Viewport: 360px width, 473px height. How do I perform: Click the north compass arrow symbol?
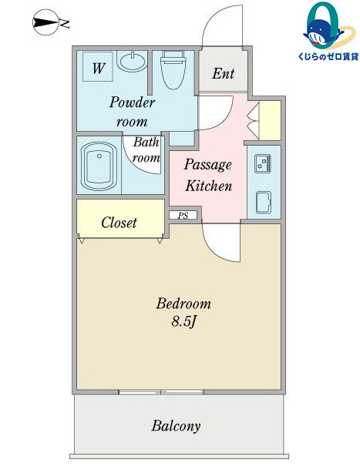45,22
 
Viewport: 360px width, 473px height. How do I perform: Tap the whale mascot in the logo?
321,32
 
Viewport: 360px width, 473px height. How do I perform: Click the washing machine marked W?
98,66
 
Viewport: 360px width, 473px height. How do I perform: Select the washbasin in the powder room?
133,61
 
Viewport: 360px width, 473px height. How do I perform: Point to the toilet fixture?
173,69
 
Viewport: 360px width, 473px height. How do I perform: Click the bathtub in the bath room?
99,166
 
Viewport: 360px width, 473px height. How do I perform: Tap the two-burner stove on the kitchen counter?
263,163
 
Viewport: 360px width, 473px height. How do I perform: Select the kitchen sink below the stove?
263,203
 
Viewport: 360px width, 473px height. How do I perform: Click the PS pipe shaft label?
183,216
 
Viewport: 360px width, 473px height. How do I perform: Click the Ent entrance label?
223,74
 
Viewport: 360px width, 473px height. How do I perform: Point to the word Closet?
119,223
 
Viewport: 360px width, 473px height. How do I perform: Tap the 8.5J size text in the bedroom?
183,322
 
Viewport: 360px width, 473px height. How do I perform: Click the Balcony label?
176,426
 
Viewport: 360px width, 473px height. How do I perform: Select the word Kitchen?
208,186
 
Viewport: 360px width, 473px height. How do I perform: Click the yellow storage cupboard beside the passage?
270,120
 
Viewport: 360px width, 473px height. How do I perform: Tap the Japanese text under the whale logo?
328,56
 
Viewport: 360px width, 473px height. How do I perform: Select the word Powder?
132,102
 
